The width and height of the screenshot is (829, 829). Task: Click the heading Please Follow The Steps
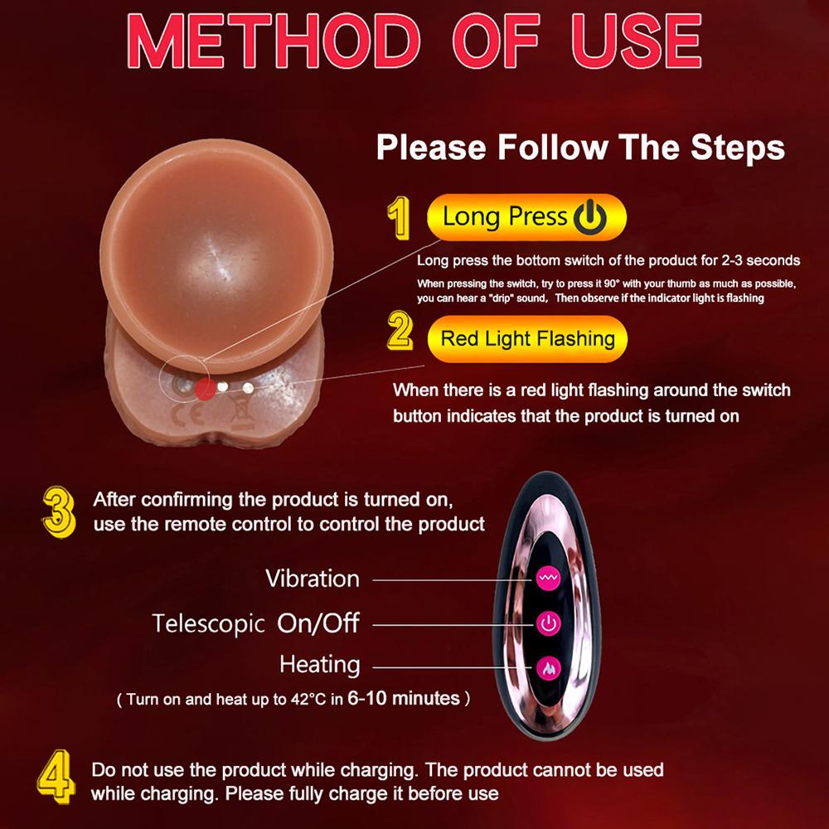580,148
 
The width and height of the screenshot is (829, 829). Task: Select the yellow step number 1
400,218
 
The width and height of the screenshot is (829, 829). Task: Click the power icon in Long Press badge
590,218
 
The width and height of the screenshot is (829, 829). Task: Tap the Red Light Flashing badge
527,338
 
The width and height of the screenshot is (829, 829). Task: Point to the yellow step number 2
400,332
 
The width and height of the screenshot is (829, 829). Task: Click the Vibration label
313,579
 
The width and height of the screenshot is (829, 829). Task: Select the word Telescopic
209,623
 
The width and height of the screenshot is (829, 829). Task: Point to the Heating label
320,665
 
